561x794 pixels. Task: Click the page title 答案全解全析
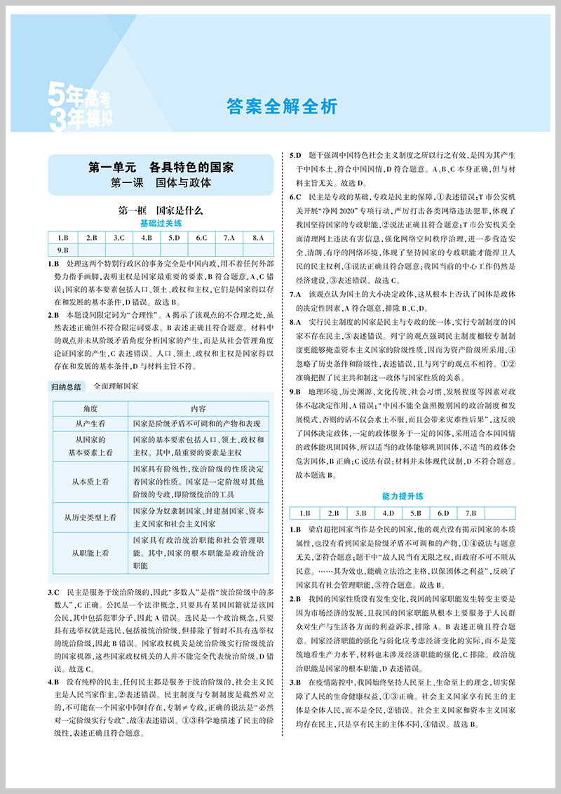(282, 107)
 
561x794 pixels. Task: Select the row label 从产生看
(90, 424)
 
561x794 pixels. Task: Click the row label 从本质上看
(90, 482)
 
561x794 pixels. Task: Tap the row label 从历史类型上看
(90, 517)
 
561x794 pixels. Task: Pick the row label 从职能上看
(90, 553)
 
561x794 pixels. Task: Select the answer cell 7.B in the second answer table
(470, 513)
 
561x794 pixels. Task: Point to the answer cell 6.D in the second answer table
(443, 513)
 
